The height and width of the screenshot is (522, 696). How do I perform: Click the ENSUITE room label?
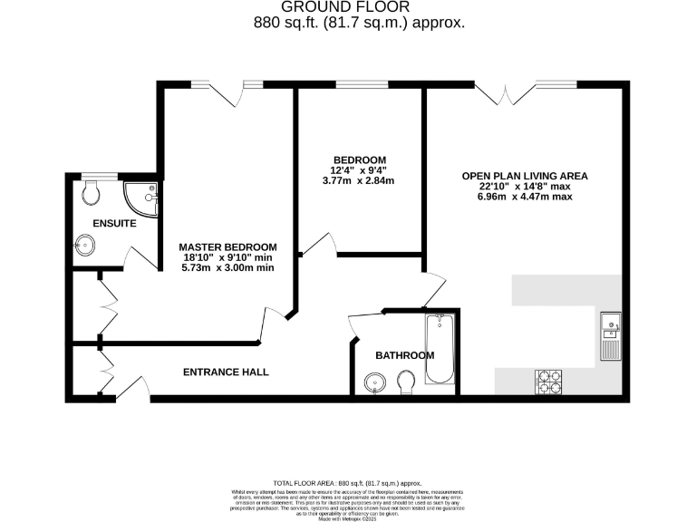coord(114,222)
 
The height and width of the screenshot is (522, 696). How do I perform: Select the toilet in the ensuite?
coord(91,191)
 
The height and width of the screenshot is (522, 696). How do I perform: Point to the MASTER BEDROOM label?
coord(227,246)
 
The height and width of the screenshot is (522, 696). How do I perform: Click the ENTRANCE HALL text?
coord(226,372)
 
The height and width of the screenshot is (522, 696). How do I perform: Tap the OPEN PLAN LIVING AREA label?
coord(525,176)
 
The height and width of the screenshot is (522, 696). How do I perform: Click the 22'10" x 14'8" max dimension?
coord(525,187)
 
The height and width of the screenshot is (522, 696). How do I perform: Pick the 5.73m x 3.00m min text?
coord(227,268)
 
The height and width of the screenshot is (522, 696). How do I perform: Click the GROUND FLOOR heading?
coord(347,8)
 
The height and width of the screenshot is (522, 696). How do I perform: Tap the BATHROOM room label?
coord(405,355)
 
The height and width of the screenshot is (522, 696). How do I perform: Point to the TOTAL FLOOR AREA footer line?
coord(347,484)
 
